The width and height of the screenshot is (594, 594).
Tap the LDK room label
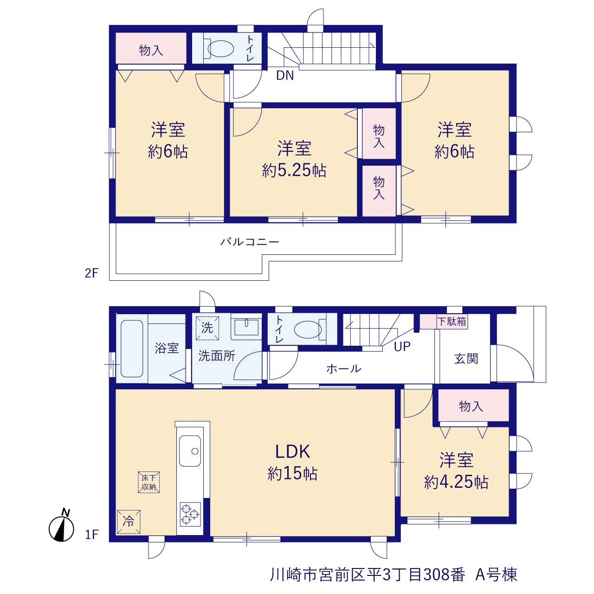(292, 452)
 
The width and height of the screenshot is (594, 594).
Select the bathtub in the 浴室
(132, 349)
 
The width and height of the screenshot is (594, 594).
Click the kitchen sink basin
(190, 451)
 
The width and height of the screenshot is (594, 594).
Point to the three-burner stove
(190, 515)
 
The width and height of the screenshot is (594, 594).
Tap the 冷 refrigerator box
(129, 522)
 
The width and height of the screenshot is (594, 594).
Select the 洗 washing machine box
(207, 328)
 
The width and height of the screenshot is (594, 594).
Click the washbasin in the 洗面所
(246, 327)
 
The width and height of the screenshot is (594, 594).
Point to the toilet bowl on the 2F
(221, 49)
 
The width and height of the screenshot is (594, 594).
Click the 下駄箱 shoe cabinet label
(452, 322)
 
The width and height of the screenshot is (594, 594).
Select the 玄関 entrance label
(466, 359)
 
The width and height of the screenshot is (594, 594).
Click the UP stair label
(402, 347)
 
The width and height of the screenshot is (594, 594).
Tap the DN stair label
(285, 75)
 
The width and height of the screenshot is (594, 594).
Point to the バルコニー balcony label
(250, 242)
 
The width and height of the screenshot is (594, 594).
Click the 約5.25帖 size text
(294, 170)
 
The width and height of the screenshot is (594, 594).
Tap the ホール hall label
(344, 368)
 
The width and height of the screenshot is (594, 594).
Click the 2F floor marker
(91, 273)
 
